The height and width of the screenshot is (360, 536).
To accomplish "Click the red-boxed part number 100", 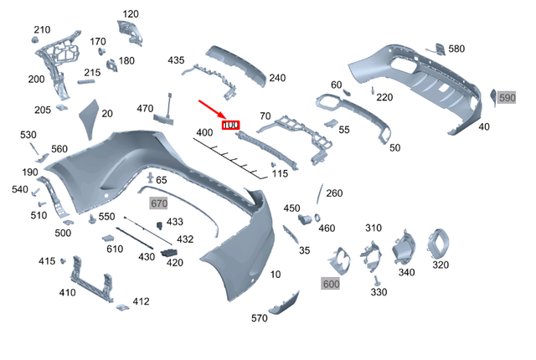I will (x=230, y=126).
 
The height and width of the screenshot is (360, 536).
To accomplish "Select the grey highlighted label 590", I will (x=508, y=98).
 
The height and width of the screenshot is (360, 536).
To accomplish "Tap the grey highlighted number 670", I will (x=159, y=203).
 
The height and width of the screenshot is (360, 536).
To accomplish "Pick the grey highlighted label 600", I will (x=332, y=284).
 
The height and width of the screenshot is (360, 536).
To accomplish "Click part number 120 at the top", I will (x=131, y=14).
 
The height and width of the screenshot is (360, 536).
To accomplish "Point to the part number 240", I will (x=277, y=78).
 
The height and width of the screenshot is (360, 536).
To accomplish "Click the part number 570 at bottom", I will (x=260, y=318).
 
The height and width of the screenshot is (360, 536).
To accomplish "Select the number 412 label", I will (x=141, y=301).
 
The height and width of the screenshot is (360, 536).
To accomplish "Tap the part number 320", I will (x=440, y=265).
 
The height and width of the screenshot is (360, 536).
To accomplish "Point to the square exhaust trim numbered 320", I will (x=438, y=244).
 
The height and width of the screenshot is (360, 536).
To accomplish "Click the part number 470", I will (x=145, y=108).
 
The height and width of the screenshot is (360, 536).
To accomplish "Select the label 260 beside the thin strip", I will (x=334, y=193).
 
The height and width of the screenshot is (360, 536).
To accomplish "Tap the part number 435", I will (x=176, y=60).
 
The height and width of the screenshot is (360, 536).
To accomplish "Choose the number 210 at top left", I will (x=42, y=30).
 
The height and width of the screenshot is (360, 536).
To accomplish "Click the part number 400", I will (x=204, y=133).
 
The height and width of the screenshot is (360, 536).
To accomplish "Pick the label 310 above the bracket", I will (x=373, y=228).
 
